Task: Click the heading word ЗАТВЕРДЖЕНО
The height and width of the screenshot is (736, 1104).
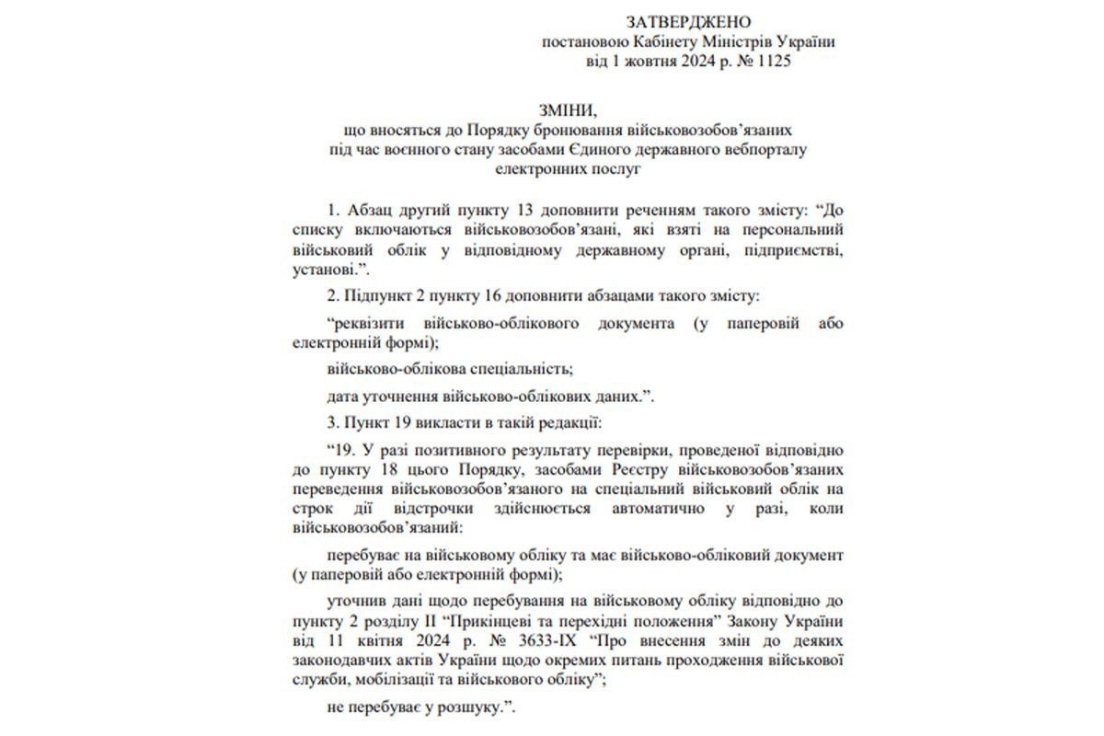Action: pyautogui.click(x=689, y=22)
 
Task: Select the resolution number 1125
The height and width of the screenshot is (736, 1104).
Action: pyautogui.click(x=773, y=63)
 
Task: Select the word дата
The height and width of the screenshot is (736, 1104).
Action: pyautogui.click(x=343, y=397)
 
